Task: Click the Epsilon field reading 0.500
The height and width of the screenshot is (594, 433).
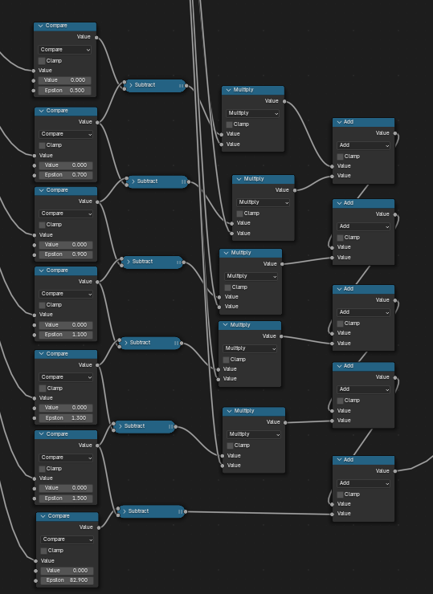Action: tap(64, 91)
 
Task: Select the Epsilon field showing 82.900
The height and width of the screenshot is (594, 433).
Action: tap(67, 580)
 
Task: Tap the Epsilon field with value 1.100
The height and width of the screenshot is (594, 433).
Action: tap(66, 335)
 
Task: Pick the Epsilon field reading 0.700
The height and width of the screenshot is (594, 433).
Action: tap(66, 175)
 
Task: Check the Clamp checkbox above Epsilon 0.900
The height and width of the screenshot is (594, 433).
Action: tap(42, 225)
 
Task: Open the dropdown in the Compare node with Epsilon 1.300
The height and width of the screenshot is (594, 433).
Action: tap(66, 377)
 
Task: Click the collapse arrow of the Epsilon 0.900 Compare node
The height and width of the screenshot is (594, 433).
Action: tap(41, 190)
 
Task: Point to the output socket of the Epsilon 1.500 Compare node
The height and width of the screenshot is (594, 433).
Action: tap(97, 445)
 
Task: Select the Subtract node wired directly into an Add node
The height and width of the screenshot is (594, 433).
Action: tap(152, 511)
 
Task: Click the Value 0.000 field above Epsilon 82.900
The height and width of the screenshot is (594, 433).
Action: tap(67, 570)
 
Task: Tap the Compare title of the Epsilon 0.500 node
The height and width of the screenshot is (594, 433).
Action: tap(56, 26)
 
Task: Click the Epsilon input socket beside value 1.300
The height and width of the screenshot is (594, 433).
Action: tap(35, 418)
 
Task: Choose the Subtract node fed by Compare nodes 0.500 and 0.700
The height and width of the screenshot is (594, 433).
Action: tap(155, 86)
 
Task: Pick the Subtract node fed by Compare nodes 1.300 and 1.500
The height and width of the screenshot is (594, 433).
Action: tap(145, 426)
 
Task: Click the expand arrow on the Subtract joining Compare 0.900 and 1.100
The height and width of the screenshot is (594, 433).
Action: tap(129, 262)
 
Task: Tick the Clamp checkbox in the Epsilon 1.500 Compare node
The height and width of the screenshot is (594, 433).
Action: tap(42, 469)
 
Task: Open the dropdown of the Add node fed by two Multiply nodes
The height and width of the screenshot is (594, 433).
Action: tap(363, 145)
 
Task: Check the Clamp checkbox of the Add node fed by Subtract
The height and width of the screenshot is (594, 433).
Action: tap(340, 494)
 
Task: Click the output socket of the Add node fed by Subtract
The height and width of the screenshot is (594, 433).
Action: tap(395, 471)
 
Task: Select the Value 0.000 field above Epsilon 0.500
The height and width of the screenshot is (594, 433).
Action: tap(64, 80)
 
